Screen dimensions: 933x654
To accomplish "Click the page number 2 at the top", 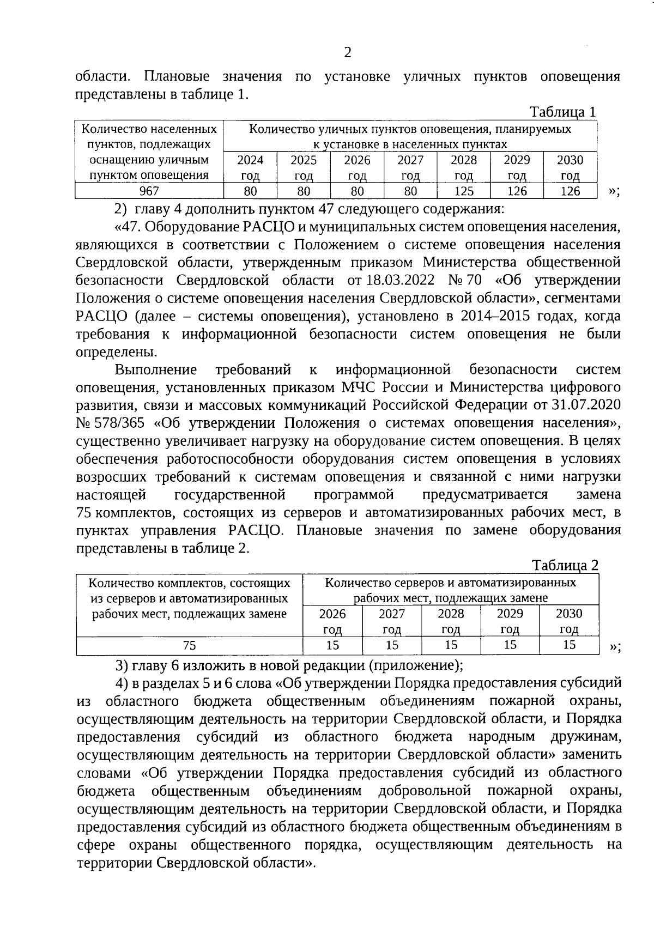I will click(347, 52).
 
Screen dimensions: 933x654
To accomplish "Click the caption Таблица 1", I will click(563, 112).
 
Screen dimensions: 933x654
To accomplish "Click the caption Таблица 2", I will click(565, 565).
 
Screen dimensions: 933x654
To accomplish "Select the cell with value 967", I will click(149, 191).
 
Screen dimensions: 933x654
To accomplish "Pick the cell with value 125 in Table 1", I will click(463, 191).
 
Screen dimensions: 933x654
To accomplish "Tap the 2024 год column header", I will click(250, 167).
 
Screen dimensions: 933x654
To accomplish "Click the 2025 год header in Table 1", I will click(304, 167).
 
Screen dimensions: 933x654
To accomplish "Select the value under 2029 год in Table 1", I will click(517, 191).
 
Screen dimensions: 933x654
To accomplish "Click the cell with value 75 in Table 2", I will click(189, 645).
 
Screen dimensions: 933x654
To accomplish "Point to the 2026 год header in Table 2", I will click(332, 621).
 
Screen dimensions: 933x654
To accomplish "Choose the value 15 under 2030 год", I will click(569, 645).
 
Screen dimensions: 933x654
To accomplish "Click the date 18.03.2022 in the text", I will click(401, 280).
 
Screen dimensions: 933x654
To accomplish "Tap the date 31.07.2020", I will click(591, 405).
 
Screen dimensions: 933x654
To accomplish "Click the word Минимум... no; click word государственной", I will click(230, 495).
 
